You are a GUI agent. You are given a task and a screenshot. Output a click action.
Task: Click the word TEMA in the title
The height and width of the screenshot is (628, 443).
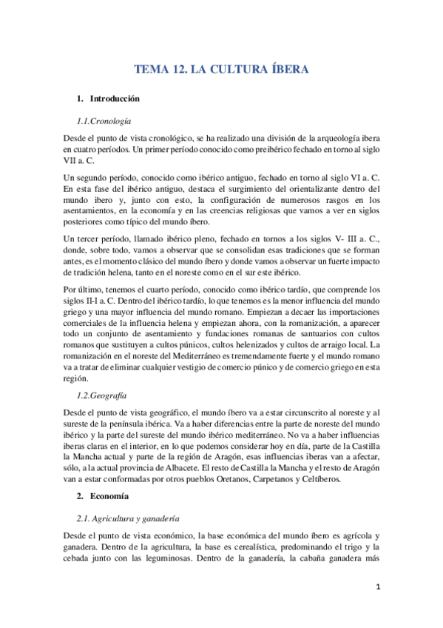[150, 70]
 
